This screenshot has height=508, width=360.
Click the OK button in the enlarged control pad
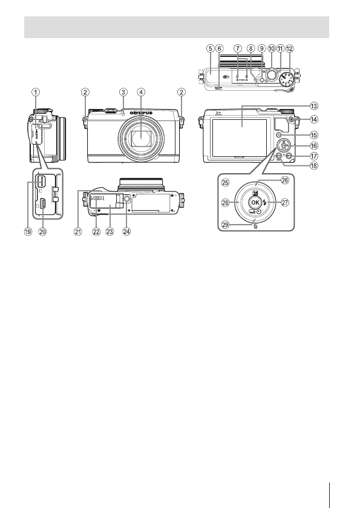coord(255,202)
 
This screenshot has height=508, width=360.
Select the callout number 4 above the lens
coord(140,93)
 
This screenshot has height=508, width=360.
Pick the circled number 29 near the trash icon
coord(225,224)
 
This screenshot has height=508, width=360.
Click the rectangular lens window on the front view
coord(140,142)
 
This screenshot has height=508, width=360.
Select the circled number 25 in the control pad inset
coord(224,182)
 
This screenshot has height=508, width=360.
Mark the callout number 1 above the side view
coord(36,93)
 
